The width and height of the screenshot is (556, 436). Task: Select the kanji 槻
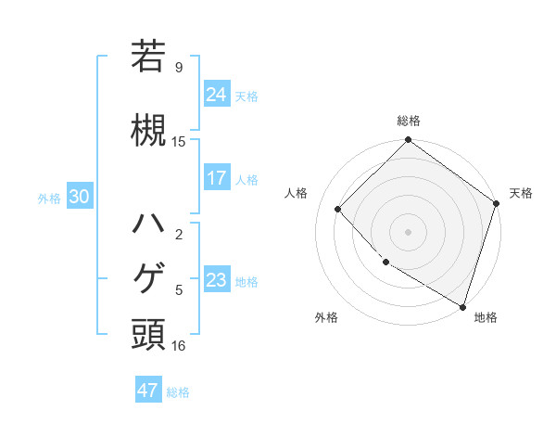coord(148,129)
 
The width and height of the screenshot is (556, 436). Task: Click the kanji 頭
coord(148,334)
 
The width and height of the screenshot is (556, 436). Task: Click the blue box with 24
coord(217,94)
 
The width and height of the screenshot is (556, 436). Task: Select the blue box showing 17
coord(217,178)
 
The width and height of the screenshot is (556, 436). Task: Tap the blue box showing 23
coord(217,280)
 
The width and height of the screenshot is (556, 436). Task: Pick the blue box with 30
coord(79,197)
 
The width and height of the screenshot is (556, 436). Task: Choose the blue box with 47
coord(148,391)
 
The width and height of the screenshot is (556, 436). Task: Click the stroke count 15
coord(179,141)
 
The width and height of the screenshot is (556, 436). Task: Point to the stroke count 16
coord(179,346)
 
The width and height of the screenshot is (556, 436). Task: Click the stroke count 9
coord(179,67)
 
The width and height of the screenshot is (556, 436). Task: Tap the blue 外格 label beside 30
coord(49,198)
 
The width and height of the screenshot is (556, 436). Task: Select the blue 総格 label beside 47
coord(178,391)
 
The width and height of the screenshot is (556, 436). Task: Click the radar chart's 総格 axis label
coord(409,121)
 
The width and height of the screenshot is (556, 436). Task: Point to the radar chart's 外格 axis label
coord(326,317)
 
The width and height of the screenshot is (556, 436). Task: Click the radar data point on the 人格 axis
coord(338,209)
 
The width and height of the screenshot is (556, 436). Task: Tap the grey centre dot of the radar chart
coord(408,231)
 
